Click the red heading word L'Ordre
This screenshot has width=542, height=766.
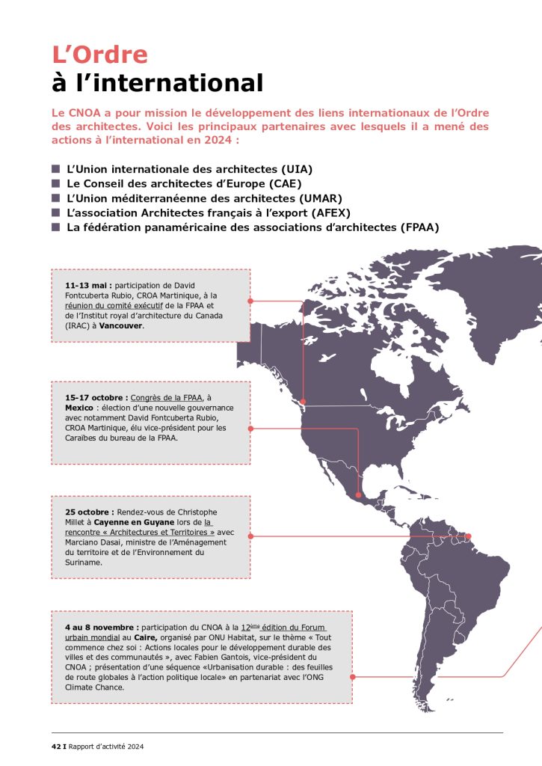pos(99,55)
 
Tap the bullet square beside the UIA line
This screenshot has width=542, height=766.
pos(55,169)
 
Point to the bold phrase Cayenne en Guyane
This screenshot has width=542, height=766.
pos(126,522)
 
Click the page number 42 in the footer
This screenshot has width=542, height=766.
pos(55,745)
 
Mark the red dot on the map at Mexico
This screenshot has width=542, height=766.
pos(359,494)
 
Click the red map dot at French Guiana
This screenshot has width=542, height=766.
pos(469,536)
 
